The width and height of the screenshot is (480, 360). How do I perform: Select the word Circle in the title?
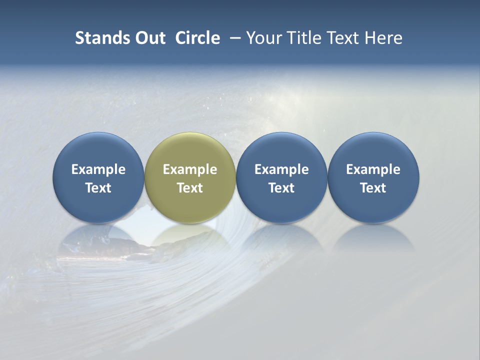click(x=197, y=38)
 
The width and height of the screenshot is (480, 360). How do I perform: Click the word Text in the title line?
click(x=342, y=38)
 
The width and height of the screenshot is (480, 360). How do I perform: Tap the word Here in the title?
click(x=383, y=38)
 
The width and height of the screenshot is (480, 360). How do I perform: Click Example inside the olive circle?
click(x=190, y=169)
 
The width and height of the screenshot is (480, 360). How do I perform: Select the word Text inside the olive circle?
click(x=190, y=188)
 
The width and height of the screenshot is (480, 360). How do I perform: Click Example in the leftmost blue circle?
click(x=98, y=169)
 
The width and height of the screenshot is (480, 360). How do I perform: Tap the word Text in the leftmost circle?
click(x=98, y=188)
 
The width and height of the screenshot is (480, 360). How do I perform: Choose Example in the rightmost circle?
click(x=373, y=169)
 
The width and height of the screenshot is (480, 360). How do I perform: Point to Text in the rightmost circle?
click(x=373, y=188)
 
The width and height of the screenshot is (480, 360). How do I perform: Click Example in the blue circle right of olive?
click(x=281, y=169)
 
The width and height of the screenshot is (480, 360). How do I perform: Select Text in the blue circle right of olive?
click(x=281, y=188)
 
